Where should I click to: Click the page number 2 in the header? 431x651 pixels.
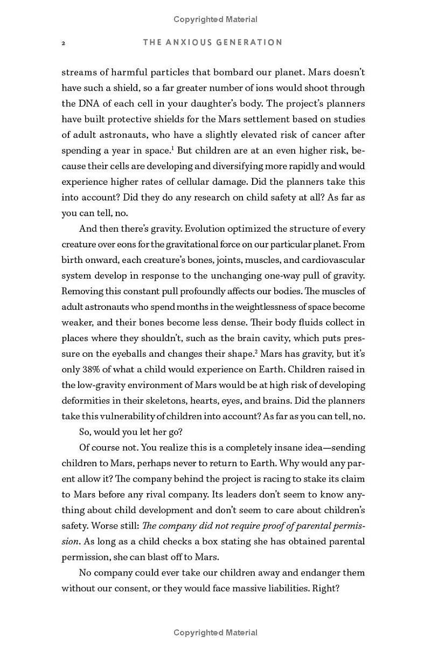pyautogui.click(x=64, y=43)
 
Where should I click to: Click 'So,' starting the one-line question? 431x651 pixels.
pyautogui.click(x=86, y=432)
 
